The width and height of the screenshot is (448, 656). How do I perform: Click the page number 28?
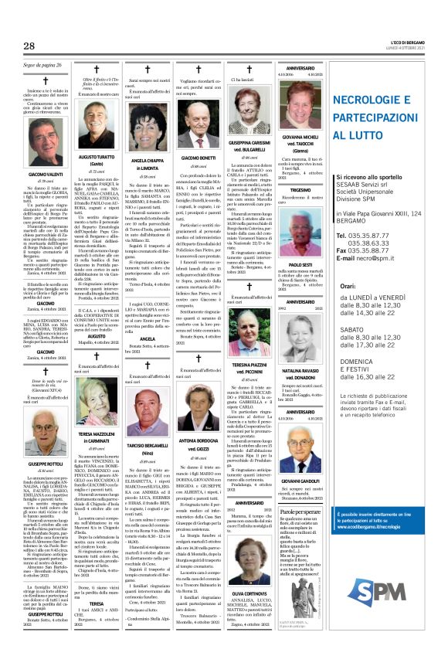(x=29, y=46)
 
